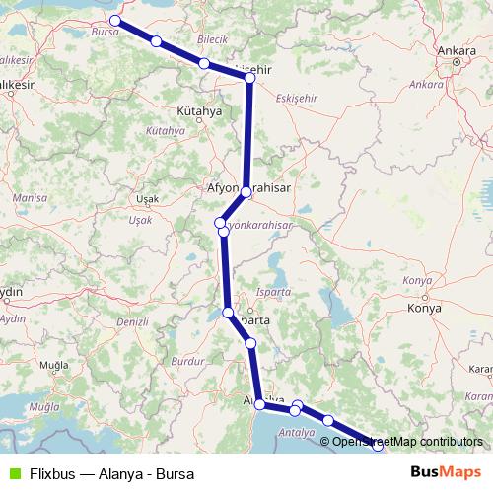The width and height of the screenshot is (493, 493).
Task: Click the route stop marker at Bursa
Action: (x=115, y=20)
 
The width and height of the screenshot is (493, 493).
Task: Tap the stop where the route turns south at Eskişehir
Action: (x=249, y=79)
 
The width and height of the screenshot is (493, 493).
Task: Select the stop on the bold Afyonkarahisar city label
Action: (x=246, y=192)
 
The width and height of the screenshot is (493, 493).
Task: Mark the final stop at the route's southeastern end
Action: (x=378, y=447)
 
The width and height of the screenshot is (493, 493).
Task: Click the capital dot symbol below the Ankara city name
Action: (x=457, y=61)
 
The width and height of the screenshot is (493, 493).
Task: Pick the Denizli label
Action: (x=131, y=321)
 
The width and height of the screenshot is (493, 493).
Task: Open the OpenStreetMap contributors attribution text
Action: (x=407, y=441)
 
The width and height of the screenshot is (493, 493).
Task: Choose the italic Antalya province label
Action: (x=297, y=432)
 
